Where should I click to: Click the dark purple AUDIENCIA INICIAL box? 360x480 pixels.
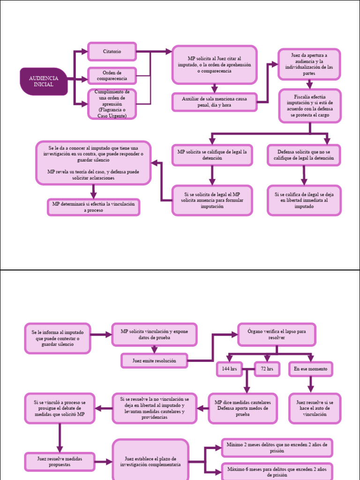click(44, 82)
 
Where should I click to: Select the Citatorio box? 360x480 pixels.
click(112, 52)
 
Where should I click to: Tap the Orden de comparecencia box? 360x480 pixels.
click(112, 75)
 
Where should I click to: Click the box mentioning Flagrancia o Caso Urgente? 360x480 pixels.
click(112, 104)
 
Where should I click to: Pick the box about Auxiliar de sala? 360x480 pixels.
click(214, 102)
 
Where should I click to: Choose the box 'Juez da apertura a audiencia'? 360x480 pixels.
click(309, 64)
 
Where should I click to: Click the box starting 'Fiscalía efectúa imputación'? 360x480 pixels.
click(310, 106)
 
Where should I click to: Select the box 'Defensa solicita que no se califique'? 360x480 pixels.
click(304, 155)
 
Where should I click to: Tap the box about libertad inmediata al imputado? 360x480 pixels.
click(304, 200)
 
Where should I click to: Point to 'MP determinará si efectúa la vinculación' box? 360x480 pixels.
click(93, 207)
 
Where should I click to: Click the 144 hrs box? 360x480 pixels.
click(229, 369)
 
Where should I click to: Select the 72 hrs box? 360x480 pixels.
click(267, 369)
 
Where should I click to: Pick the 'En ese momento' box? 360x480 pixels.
click(310, 369)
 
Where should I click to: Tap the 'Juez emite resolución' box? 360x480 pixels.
click(154, 360)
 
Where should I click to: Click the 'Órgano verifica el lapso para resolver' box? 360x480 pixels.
click(277, 335)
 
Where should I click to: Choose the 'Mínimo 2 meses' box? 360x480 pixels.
click(277, 448)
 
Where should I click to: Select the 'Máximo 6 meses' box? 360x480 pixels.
click(277, 472)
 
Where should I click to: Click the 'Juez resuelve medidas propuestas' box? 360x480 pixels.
click(60, 462)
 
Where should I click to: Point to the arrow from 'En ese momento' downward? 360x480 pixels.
click(310, 384)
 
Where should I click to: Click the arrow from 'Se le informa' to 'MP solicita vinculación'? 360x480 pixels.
click(101, 335)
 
